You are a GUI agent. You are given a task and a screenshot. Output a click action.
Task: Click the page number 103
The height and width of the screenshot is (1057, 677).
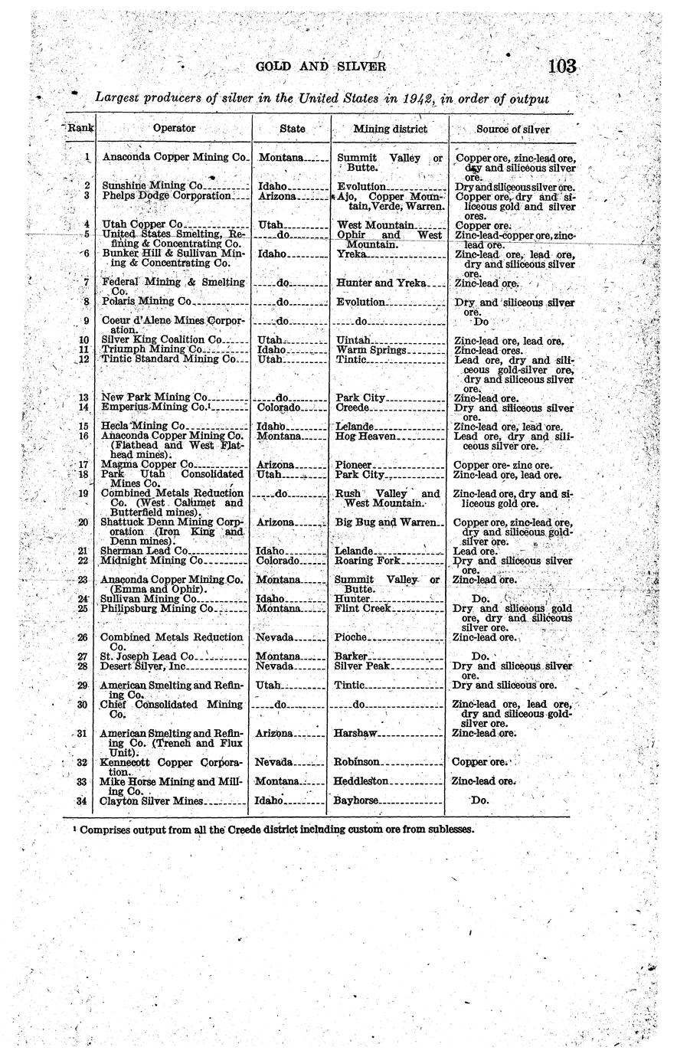click(561, 67)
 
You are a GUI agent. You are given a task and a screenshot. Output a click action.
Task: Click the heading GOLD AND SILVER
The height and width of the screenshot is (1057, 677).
click(321, 67)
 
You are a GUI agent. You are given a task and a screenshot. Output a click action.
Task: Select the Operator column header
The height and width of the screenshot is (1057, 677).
click(175, 129)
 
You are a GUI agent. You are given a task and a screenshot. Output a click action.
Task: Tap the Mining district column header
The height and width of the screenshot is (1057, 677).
click(390, 129)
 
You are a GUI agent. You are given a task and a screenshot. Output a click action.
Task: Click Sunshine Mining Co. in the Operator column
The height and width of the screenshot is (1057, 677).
click(152, 185)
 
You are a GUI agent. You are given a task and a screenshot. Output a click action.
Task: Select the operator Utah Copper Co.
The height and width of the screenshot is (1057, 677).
click(142, 225)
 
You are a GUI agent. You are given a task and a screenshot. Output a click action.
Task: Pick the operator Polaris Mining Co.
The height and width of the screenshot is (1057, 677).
click(147, 302)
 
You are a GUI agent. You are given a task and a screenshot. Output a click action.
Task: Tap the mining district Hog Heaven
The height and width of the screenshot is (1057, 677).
click(365, 436)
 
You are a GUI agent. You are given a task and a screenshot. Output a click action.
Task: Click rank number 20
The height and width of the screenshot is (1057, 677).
click(84, 522)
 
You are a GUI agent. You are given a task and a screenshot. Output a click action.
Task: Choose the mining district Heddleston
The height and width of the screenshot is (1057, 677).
click(362, 781)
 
